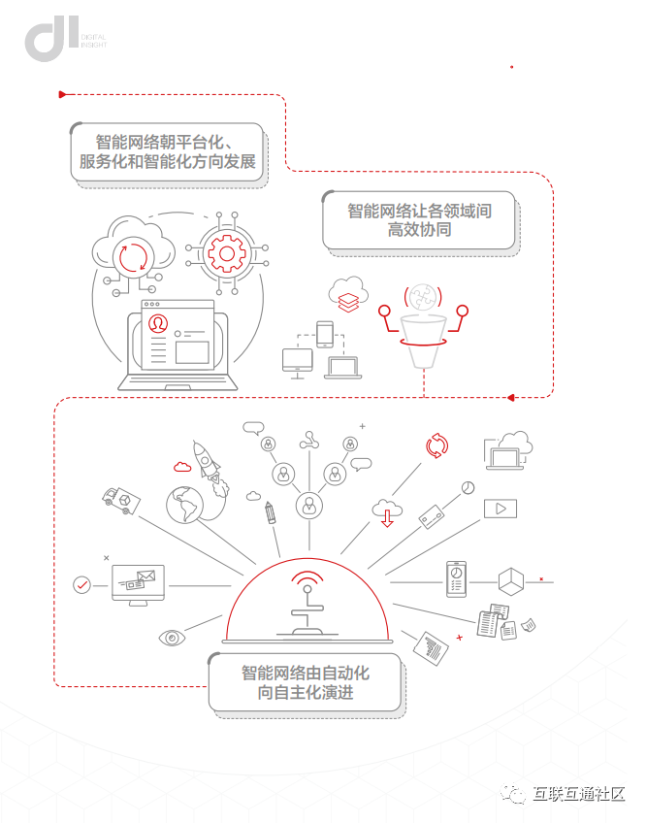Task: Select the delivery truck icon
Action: pyautogui.click(x=121, y=499)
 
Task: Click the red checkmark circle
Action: pyautogui.click(x=82, y=584)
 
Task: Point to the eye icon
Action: pyautogui.click(x=173, y=638)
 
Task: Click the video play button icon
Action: pyautogui.click(x=501, y=508)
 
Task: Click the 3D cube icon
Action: pyautogui.click(x=511, y=581)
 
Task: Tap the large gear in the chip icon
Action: pyautogui.click(x=227, y=254)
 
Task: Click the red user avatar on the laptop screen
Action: pyautogui.click(x=156, y=323)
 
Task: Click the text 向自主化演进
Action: pyautogui.click(x=305, y=692)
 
